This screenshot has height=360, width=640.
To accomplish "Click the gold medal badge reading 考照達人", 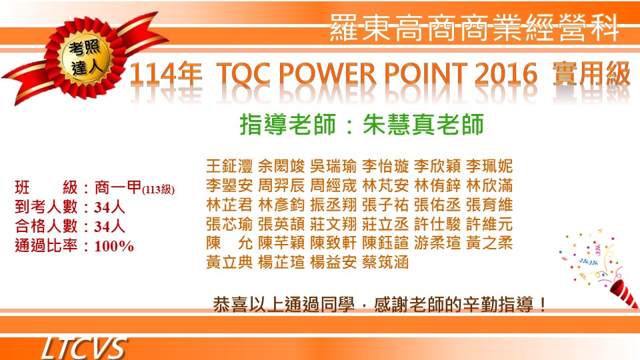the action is tap(86, 59).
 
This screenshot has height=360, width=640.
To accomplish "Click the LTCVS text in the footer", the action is tap(83, 348).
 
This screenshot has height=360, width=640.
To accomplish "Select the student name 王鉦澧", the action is tap(229, 166).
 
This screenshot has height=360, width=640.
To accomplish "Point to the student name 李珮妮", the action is tap(489, 166).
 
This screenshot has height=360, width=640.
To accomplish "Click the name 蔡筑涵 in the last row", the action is tap(385, 262).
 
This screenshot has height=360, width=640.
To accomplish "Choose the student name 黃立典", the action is tap(229, 262).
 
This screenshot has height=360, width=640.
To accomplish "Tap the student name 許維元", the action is tap(489, 224).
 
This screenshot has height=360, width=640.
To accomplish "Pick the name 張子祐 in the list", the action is tap(385, 205).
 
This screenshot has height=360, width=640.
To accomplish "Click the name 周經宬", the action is tap(333, 185).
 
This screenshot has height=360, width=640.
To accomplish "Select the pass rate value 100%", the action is tap(114, 246).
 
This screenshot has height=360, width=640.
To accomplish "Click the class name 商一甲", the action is tap(118, 187).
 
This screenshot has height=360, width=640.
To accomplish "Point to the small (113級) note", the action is tap(159, 190).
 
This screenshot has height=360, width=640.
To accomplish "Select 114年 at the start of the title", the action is tap(166, 74).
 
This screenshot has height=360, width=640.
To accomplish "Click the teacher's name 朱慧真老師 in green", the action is tap(423, 125).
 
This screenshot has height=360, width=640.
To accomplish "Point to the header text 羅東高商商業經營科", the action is tap(474, 28).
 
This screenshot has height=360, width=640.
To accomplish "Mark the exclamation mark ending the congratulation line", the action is tap(543, 305).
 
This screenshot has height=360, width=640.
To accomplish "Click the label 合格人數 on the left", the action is tap(46, 226).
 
